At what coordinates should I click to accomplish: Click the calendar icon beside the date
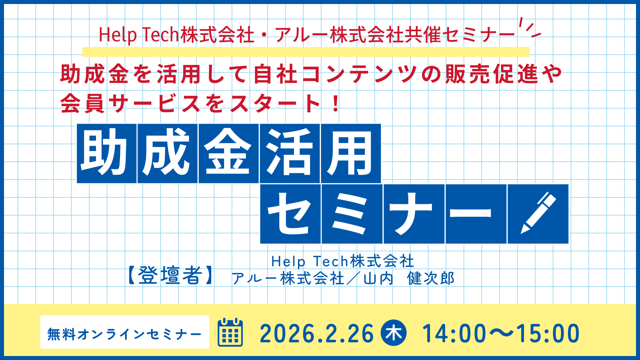230,332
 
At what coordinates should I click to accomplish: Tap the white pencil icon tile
538,214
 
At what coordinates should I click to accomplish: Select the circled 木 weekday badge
394,333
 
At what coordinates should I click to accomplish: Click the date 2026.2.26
316,333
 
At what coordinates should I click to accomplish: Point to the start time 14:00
454,333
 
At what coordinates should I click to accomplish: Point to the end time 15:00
548,333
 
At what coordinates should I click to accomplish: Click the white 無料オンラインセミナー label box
125,332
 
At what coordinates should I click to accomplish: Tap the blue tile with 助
107,153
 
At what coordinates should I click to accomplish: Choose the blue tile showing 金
228,153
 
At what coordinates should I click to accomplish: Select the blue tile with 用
351,153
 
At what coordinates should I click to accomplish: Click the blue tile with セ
290,214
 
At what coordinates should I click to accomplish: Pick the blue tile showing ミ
352,214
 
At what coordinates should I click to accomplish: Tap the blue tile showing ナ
414,214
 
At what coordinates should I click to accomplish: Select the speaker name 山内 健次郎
409,278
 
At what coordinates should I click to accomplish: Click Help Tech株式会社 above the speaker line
343,261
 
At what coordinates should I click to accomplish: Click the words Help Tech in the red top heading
139,35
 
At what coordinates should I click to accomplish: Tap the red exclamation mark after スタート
336,103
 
